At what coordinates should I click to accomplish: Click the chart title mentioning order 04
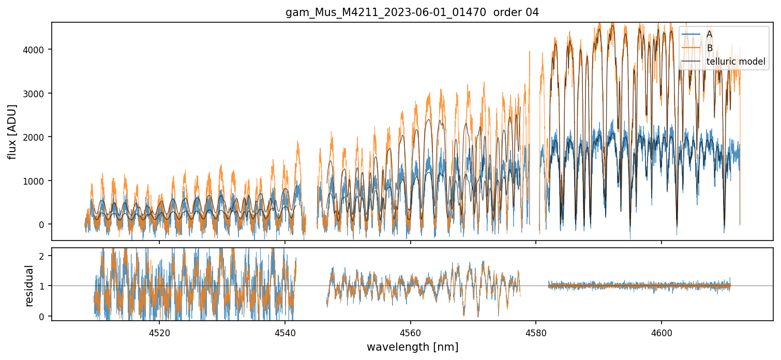(412, 12)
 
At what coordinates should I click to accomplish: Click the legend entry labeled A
(709, 34)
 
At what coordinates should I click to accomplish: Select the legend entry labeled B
(709, 48)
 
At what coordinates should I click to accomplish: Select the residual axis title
(29, 286)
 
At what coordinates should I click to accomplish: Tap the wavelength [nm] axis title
(412, 347)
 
